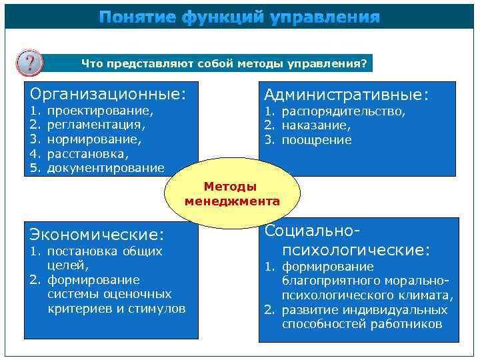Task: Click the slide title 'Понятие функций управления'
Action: tap(240, 17)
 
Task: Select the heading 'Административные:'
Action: tap(347, 95)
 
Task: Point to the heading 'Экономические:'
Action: tap(97, 234)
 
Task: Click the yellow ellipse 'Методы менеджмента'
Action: tap(232, 194)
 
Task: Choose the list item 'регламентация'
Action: tap(95, 125)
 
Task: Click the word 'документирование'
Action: tap(105, 168)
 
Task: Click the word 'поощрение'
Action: tap(317, 140)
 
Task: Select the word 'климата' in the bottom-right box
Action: tap(431, 295)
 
